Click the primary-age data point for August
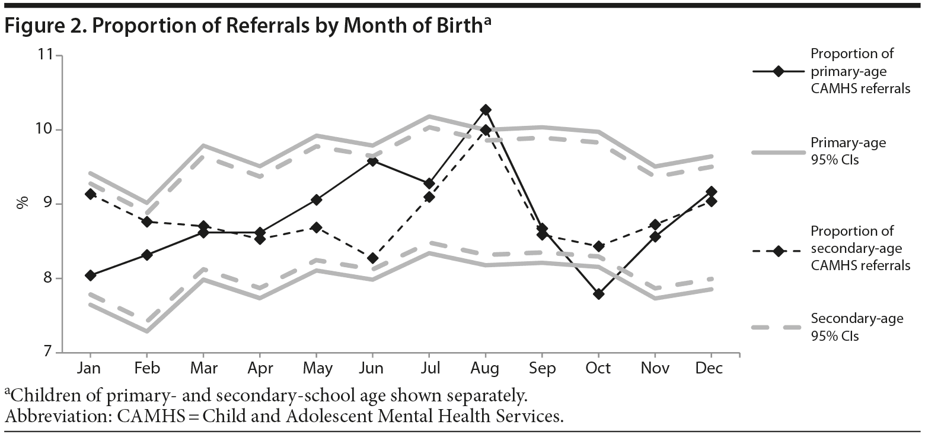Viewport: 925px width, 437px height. [486, 110]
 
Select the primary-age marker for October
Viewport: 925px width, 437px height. [598, 294]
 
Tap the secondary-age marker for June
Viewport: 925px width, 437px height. [372, 258]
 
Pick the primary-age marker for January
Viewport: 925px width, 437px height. [90, 275]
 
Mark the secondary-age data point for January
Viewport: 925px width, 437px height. [90, 194]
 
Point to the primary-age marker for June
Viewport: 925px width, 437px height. [372, 161]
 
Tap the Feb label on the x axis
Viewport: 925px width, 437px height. [146, 369]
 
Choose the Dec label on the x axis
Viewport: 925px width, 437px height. [710, 369]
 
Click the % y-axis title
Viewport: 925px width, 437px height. [23, 204]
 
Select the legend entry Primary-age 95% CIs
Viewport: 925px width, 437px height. [848, 151]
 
